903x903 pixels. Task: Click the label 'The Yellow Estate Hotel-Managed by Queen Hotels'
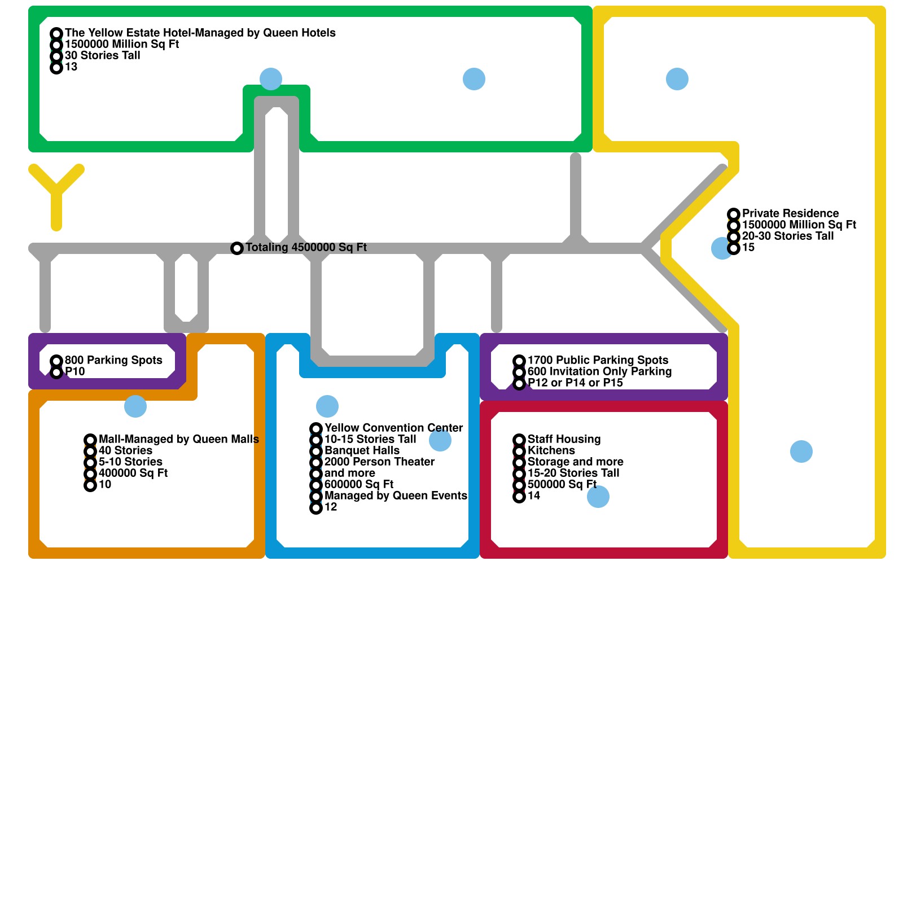click(200, 33)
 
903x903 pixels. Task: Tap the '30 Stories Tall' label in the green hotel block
click(102, 55)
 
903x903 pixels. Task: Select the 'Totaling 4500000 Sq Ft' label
click(306, 247)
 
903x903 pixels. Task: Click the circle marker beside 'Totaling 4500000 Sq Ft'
click(237, 248)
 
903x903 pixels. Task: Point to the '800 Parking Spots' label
click(113, 360)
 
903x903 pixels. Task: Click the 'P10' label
click(75, 371)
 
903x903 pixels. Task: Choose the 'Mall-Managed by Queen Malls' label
click(178, 439)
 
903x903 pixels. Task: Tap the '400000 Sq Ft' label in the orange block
click(133, 473)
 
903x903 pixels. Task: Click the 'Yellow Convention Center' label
click(393, 428)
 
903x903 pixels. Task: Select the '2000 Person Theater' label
click(379, 462)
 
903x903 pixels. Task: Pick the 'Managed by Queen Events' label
click(396, 496)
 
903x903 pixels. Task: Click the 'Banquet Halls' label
click(362, 450)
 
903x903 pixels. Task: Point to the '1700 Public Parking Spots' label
click(598, 360)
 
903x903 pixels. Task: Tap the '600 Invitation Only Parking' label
click(599, 371)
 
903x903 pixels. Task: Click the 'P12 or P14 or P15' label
click(575, 383)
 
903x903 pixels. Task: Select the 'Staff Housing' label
click(564, 439)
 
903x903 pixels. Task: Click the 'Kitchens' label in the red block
click(551, 450)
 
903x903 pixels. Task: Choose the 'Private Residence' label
click(790, 213)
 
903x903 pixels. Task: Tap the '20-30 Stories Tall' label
click(787, 236)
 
